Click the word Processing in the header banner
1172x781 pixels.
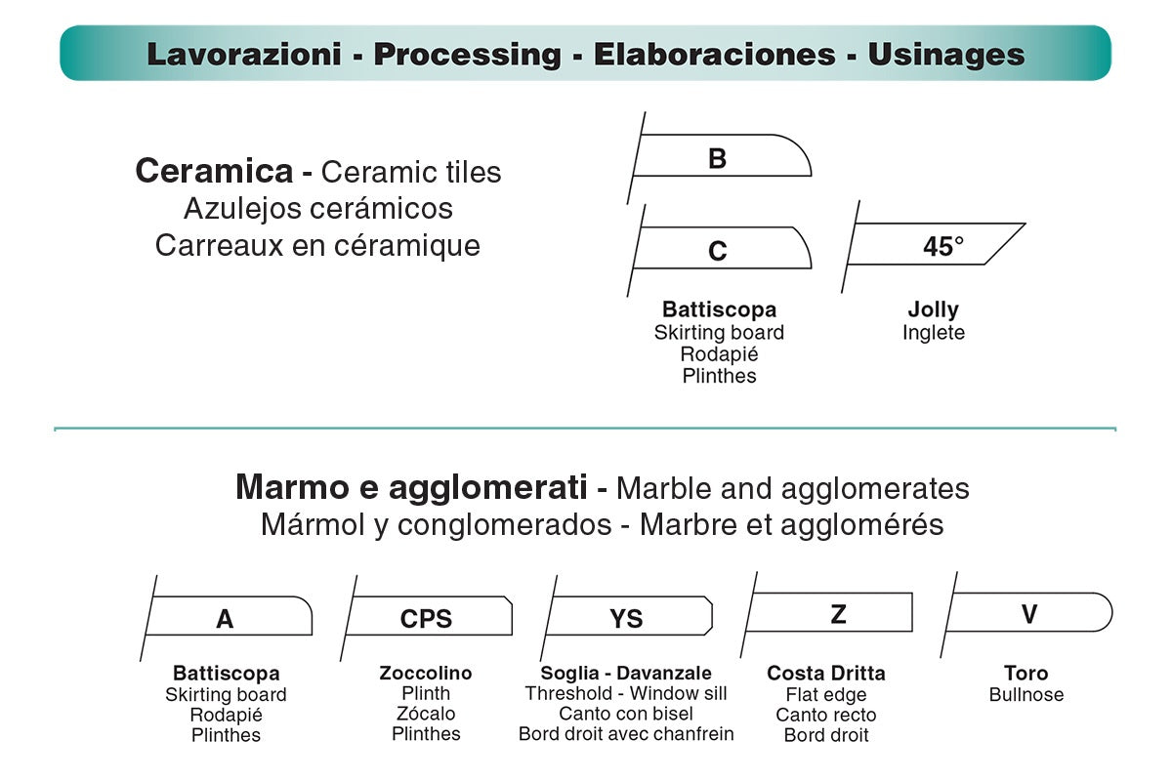click(467, 55)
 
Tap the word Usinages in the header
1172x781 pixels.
click(946, 55)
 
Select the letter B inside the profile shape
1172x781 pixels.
click(717, 158)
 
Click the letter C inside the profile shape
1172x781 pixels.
click(717, 251)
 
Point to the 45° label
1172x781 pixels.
click(943, 246)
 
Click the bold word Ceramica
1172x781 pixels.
click(214, 171)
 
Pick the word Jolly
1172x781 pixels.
click(934, 309)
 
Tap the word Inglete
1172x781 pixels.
click(934, 333)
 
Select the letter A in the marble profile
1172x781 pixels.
click(225, 619)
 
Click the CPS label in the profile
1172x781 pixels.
click(426, 619)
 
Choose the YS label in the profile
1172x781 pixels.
click(626, 619)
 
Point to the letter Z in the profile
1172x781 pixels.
click(838, 614)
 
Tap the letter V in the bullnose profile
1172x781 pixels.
click(1029, 614)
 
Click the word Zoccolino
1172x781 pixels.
click(426, 674)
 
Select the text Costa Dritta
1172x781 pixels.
click(826, 674)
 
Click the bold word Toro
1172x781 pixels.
click(1026, 674)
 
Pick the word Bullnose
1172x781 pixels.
click(1026, 695)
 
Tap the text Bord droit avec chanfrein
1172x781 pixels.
click(626, 734)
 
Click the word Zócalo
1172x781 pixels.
click(426, 714)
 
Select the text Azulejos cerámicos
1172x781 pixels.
click(318, 209)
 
